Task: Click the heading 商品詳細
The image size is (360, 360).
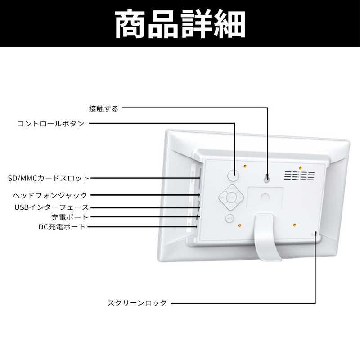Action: tap(180, 24)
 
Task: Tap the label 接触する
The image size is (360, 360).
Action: tap(103, 108)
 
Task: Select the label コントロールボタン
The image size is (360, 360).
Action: tap(51, 124)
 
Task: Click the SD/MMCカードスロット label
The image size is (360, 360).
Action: tap(49, 178)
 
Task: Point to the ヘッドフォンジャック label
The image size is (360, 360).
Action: tap(50, 195)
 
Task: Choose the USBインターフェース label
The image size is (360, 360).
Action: tap(51, 207)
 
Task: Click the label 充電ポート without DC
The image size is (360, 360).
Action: tap(70, 217)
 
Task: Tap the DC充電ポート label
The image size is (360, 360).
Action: tap(62, 227)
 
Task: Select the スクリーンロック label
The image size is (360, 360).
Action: tap(137, 302)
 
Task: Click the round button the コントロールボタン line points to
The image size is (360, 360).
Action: tap(233, 175)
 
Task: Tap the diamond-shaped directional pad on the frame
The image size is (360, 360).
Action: tap(231, 197)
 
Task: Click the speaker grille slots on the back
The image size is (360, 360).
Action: tap(300, 175)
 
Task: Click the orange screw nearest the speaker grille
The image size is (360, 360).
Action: tap(300, 168)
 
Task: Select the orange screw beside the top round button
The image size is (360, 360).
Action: tap(245, 166)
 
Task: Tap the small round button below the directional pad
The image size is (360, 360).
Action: tap(229, 218)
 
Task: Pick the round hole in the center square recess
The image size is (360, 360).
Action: tap(265, 198)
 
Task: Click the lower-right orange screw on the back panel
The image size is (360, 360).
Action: tap(294, 225)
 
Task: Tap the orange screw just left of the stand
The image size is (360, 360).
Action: tap(240, 225)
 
